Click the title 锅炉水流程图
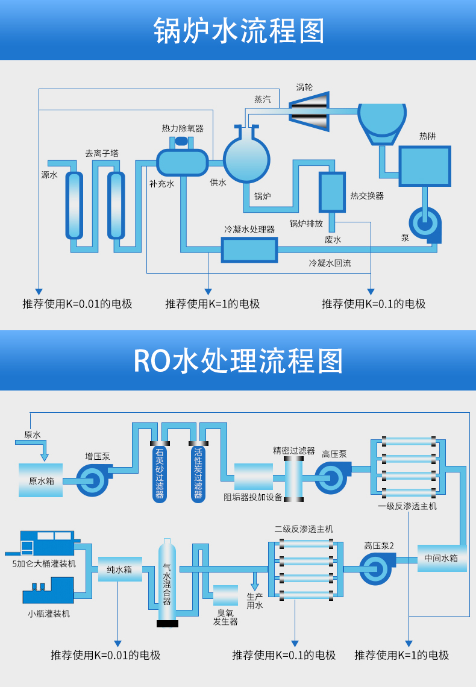click(238, 30)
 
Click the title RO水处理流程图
click(238, 360)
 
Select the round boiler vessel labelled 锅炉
click(246, 159)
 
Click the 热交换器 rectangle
click(332, 192)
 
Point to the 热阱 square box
click(425, 166)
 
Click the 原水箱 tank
click(40, 480)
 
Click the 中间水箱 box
click(442, 558)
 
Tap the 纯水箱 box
click(119, 569)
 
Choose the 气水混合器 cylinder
click(167, 582)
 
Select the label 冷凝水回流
click(330, 263)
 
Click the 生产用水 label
click(255, 601)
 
